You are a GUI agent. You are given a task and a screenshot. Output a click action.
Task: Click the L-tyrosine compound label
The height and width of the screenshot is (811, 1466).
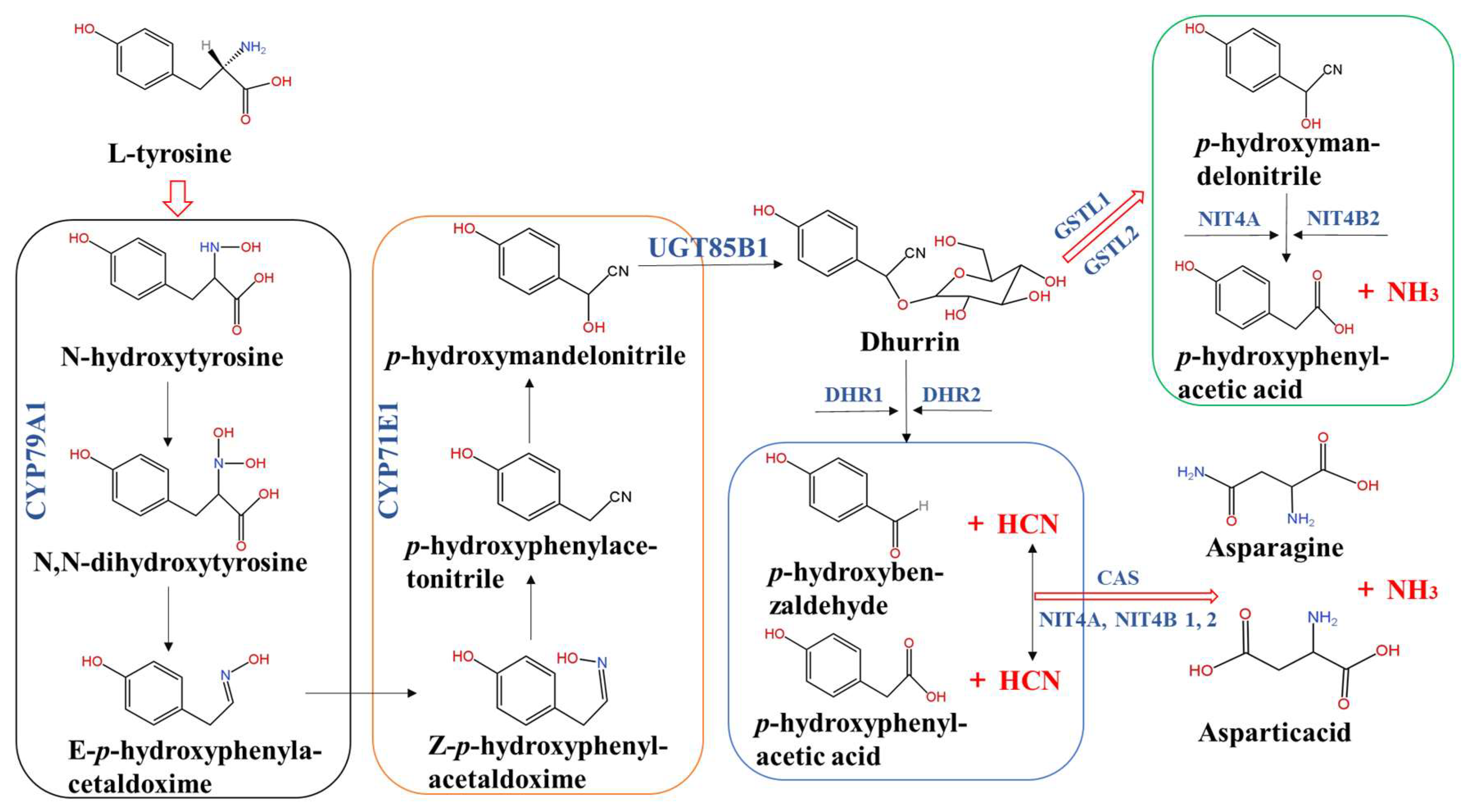click(170, 154)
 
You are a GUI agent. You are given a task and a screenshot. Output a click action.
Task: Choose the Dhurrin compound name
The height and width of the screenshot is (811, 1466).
click(909, 342)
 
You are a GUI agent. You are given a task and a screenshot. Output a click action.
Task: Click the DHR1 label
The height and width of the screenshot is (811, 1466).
click(853, 394)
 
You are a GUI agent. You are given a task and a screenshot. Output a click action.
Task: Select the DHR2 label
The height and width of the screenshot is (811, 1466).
click(951, 394)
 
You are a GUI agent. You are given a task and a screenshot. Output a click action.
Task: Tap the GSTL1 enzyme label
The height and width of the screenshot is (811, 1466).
click(1081, 215)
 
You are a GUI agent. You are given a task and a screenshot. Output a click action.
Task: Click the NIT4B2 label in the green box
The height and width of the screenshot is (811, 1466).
click(1343, 218)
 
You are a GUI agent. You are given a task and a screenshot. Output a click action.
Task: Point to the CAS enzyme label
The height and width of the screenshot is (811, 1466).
click(1118, 578)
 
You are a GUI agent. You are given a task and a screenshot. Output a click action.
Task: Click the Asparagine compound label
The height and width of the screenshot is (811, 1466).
click(1274, 548)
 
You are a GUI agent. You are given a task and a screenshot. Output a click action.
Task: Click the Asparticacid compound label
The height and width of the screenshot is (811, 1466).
click(1274, 732)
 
